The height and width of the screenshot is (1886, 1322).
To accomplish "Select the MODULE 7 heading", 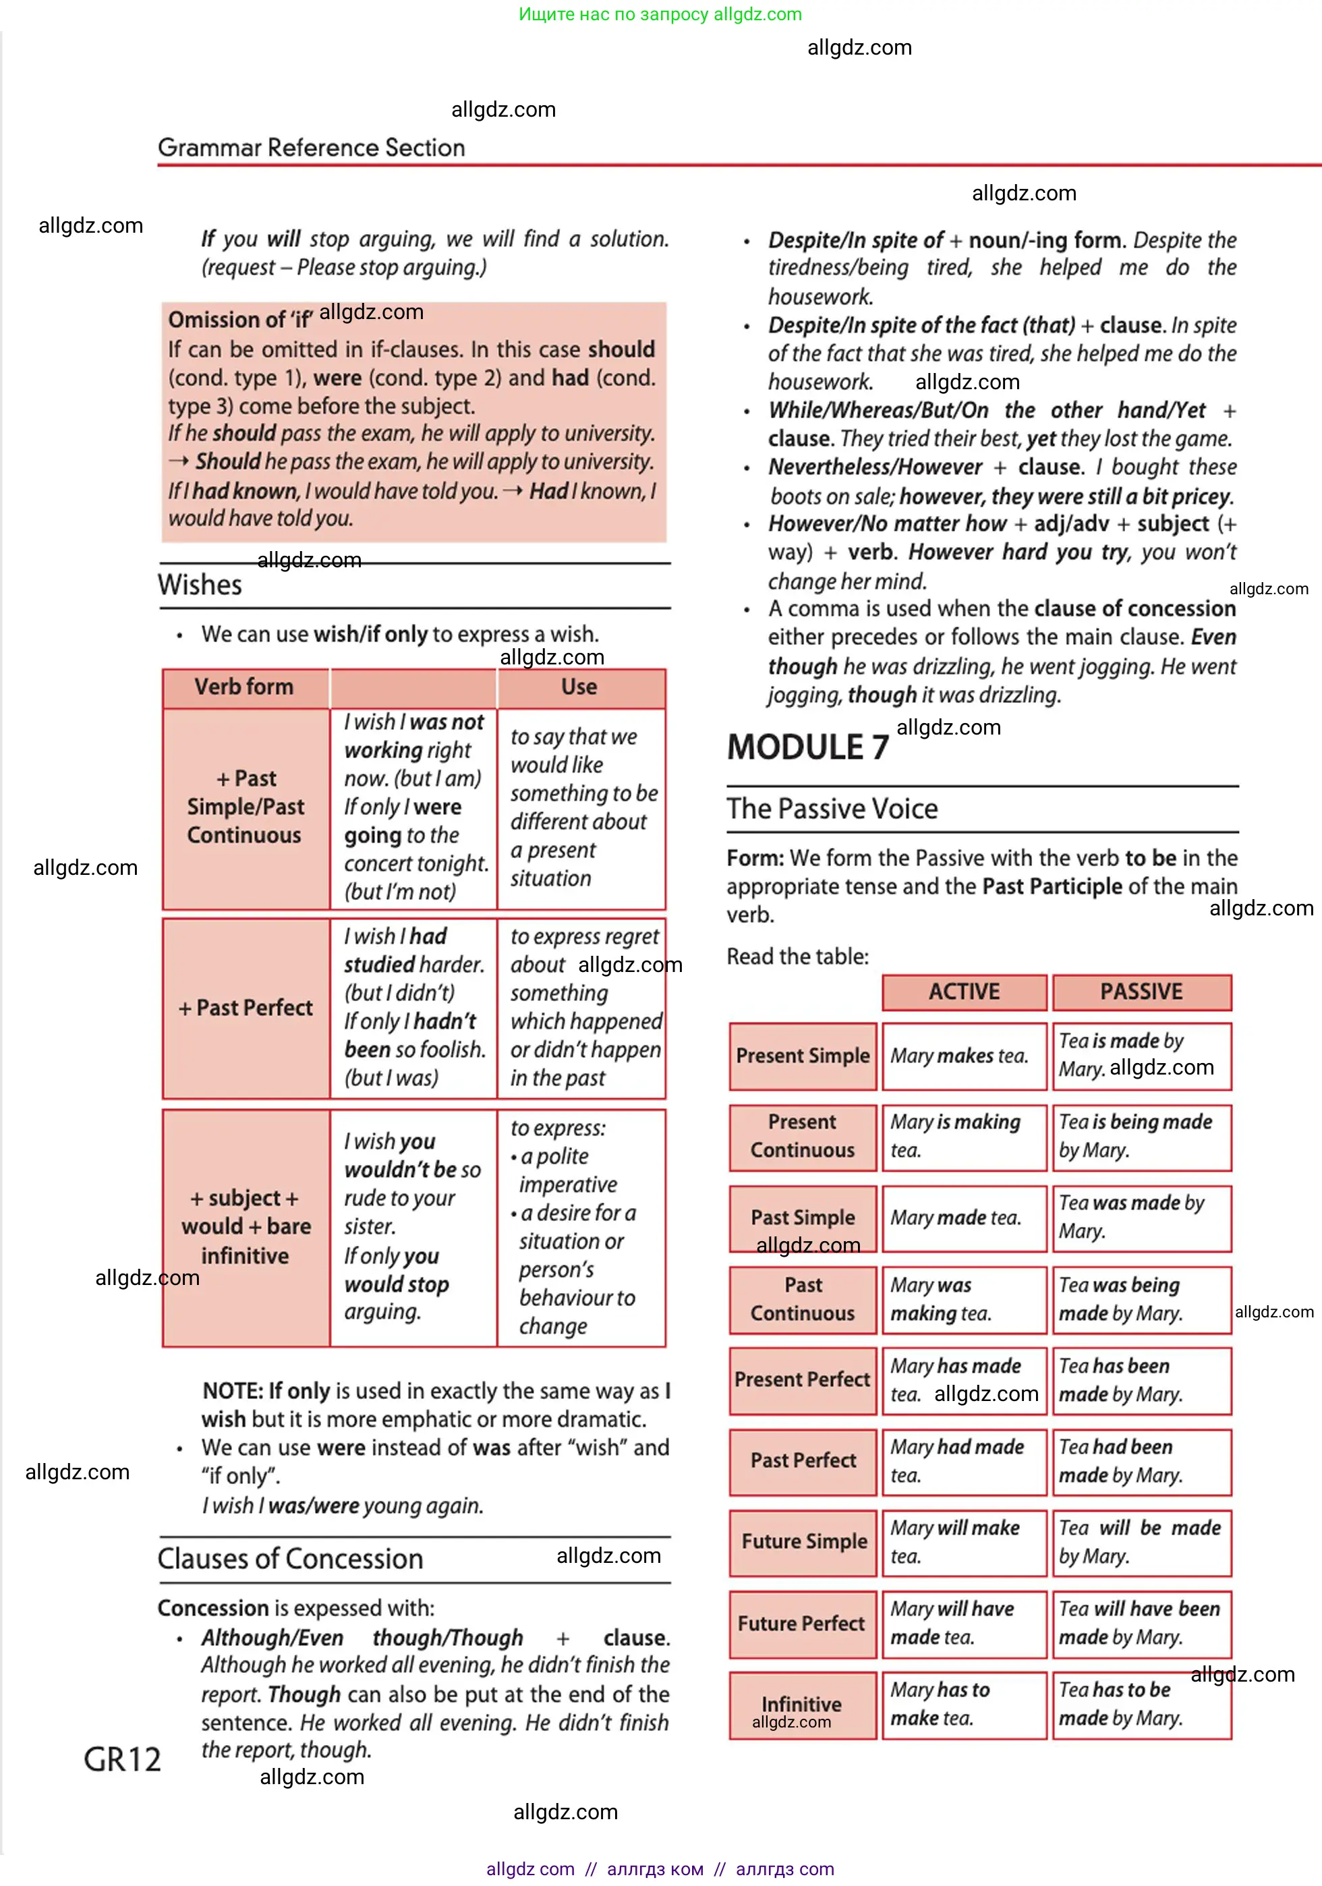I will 807,747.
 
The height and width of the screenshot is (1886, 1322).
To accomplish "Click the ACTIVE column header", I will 964,992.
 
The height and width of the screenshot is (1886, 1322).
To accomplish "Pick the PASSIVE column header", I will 1141,992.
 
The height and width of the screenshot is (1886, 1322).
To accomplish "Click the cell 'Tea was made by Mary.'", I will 1141,1218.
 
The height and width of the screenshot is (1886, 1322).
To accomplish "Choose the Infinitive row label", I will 801,1705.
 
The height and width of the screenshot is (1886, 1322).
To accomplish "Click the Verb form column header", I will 244,687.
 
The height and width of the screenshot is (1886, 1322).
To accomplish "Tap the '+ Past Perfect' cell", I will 246,1008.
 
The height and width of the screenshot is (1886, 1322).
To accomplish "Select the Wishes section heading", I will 200,585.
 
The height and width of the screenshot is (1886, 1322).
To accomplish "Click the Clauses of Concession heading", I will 290,1559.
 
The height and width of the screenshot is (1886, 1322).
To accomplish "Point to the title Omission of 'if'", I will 239,320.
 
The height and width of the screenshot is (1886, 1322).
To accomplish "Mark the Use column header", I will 579,687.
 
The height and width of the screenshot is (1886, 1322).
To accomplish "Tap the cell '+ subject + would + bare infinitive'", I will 246,1227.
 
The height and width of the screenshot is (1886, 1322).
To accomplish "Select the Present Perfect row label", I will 802,1380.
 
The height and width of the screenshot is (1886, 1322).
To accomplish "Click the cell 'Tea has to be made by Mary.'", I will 1141,1705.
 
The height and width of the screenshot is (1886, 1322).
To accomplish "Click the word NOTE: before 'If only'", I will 233,1392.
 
